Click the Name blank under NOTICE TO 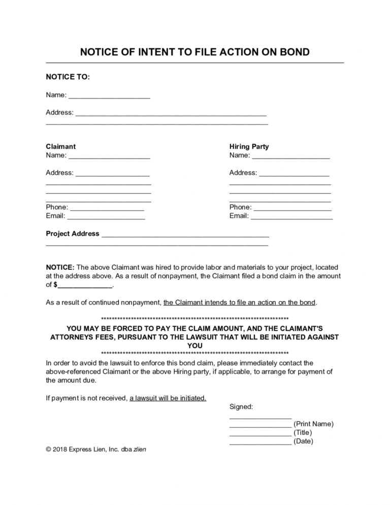tap(109, 96)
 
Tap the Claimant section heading tap(60, 146)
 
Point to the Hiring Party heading tap(249, 146)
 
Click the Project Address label tap(73, 234)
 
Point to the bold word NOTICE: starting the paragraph tap(60, 267)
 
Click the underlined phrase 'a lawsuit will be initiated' tap(168, 398)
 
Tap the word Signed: tap(241, 407)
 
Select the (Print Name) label tap(313, 424)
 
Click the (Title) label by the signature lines tap(303, 433)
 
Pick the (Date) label tap(303, 441)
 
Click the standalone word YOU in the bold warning tap(195, 345)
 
